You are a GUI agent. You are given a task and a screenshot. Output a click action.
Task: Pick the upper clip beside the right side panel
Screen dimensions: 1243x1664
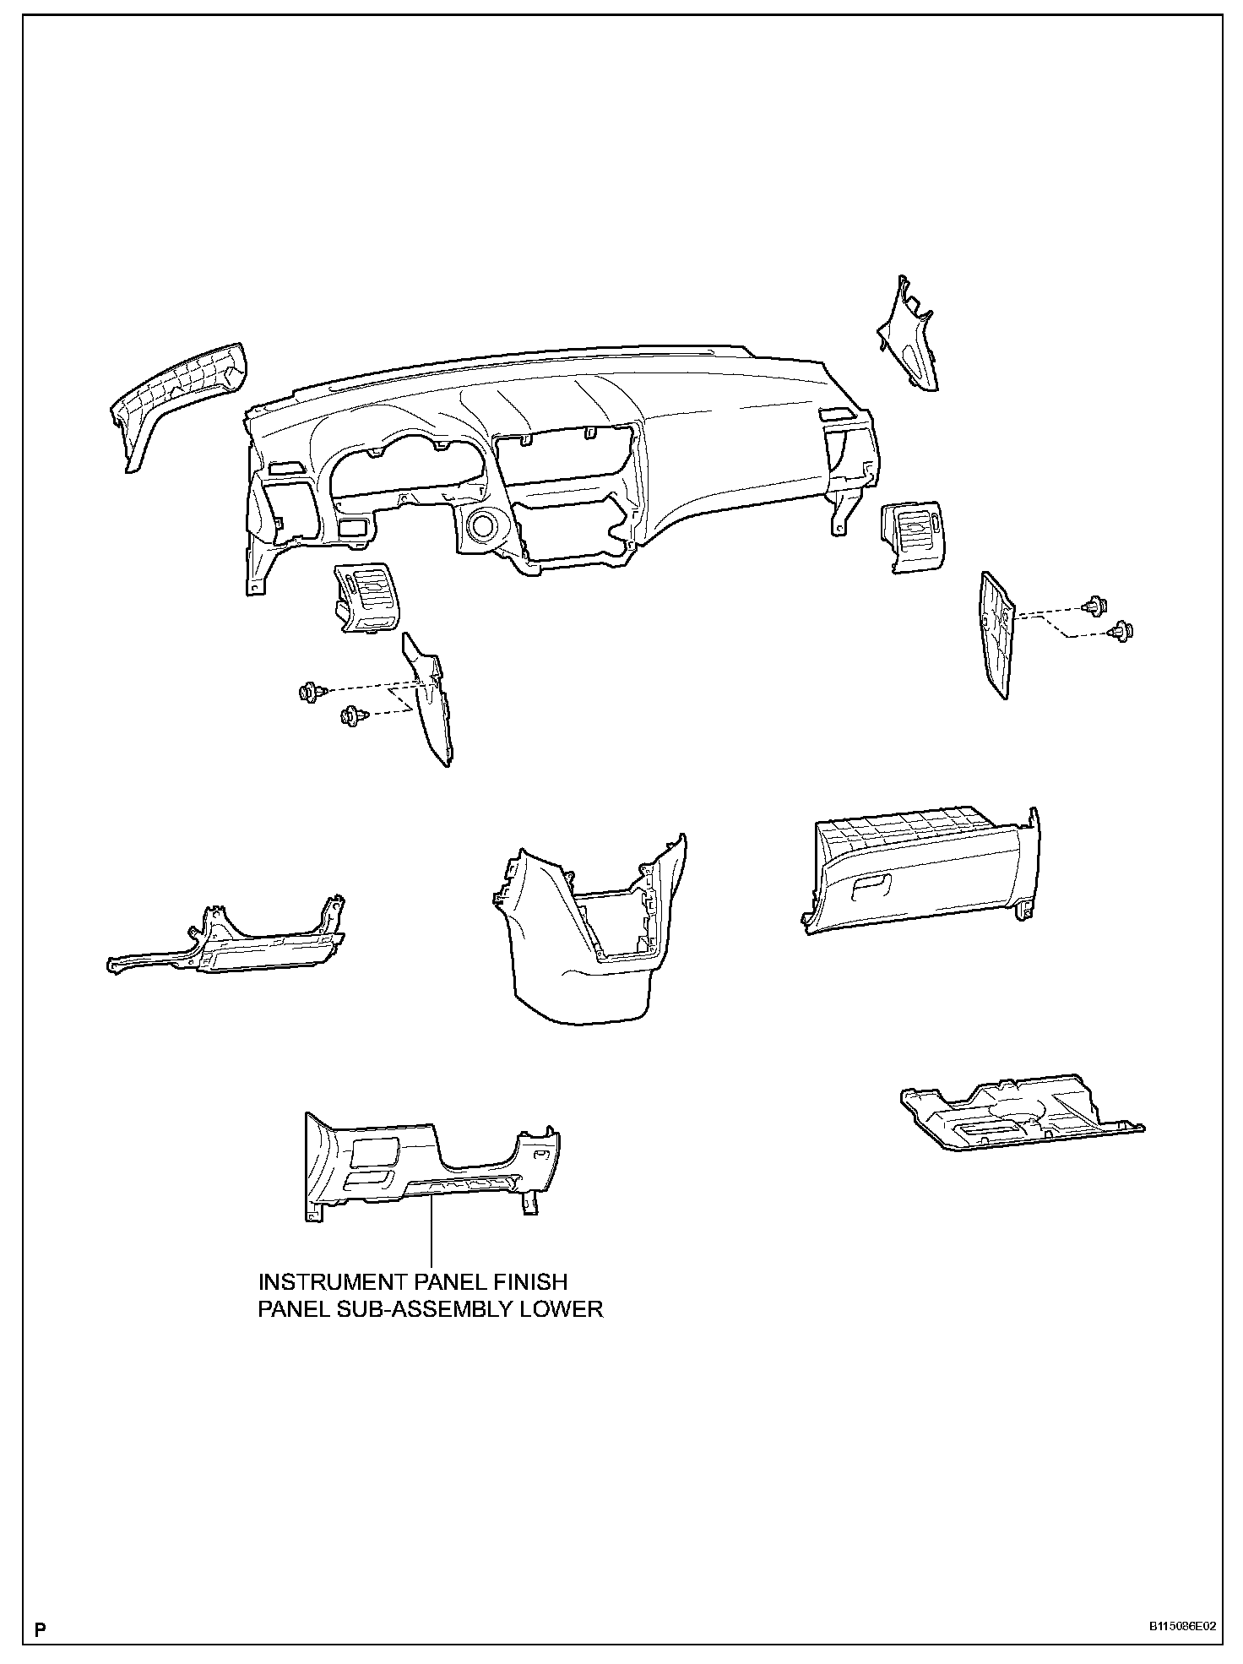click(1094, 604)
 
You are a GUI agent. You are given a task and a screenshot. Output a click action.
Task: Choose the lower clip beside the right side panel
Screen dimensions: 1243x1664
click(1122, 629)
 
